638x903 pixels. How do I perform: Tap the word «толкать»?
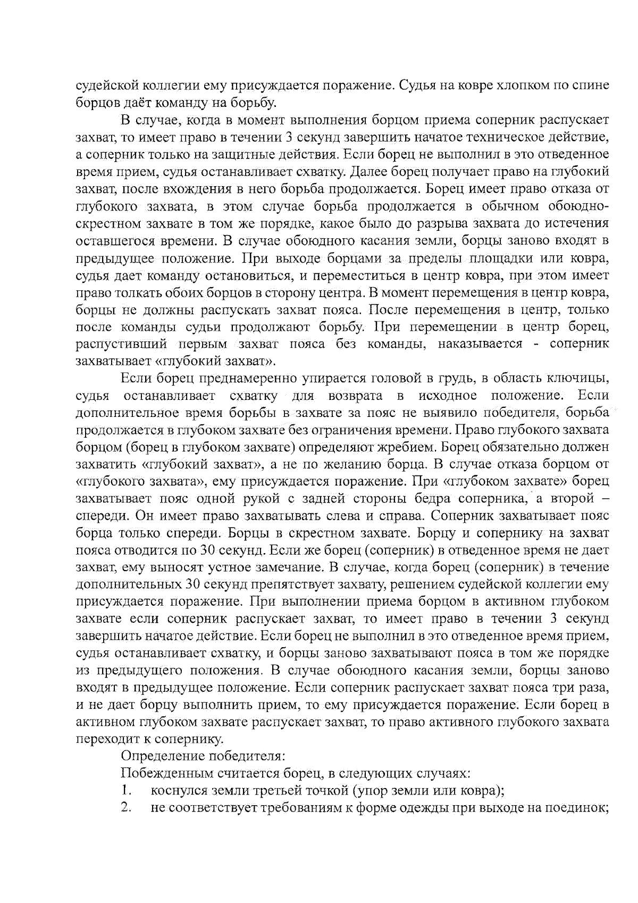click(x=130, y=293)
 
